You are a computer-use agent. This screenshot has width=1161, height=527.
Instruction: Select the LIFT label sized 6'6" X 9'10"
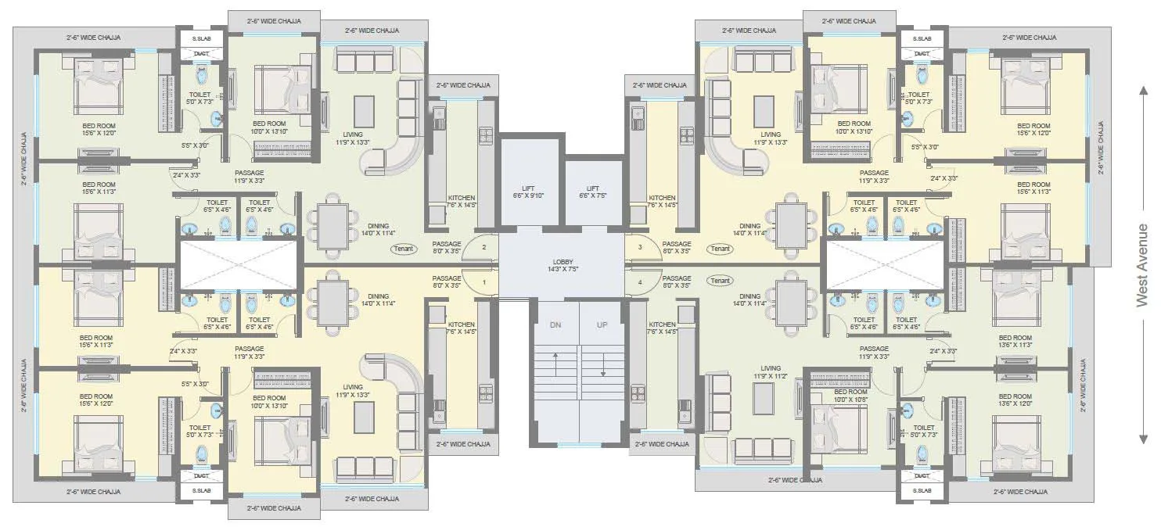528,192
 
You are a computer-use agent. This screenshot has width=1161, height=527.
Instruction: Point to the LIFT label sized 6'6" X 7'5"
593,192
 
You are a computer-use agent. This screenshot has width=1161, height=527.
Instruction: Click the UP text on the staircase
602,324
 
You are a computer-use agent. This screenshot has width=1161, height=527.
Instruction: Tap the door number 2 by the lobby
484,248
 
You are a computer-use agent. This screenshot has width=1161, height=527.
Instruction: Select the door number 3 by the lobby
639,248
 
